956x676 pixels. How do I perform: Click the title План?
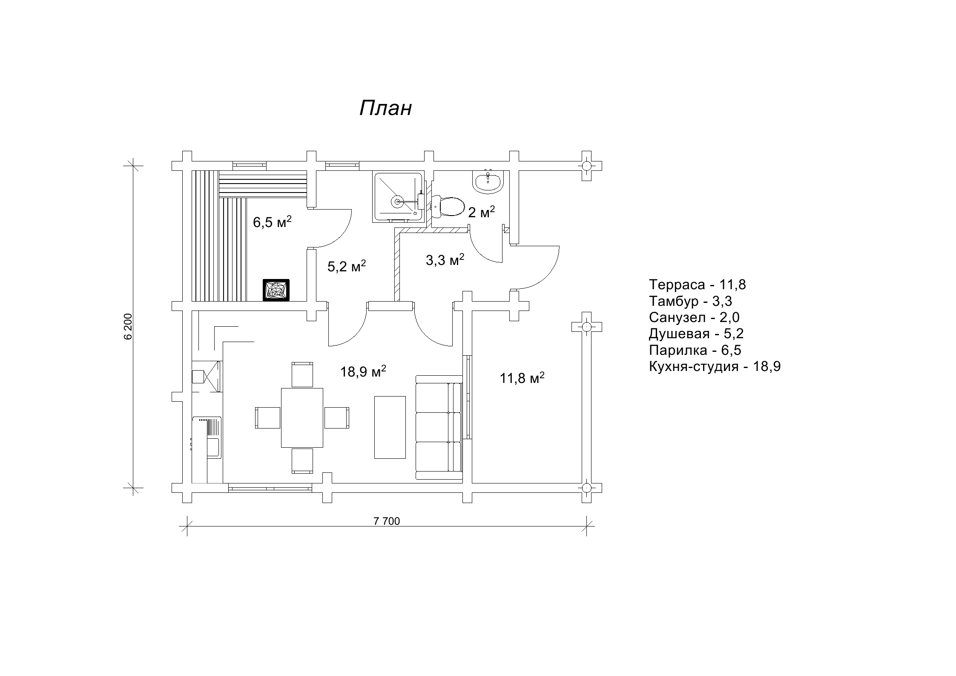point(385,108)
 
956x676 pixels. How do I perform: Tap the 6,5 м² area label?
point(272,221)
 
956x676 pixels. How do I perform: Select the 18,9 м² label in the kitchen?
point(363,371)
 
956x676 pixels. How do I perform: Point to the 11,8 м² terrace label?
point(522,378)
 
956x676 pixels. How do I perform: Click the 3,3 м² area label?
point(445,259)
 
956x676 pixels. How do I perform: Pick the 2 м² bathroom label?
point(481,212)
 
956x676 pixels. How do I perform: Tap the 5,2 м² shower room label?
point(347,266)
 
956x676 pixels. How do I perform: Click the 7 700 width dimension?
point(387,521)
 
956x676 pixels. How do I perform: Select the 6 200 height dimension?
point(129,326)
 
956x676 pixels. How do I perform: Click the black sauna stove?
point(276,290)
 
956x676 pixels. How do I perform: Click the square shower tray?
point(398,197)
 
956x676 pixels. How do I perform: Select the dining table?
point(302,417)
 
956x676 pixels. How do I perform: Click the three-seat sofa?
point(439,428)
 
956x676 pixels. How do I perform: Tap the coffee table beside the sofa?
point(390,427)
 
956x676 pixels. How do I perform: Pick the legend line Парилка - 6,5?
point(695,350)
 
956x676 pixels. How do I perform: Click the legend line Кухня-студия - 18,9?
point(715,366)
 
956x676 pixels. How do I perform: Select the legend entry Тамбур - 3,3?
point(690,301)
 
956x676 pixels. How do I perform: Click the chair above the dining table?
point(302,374)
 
